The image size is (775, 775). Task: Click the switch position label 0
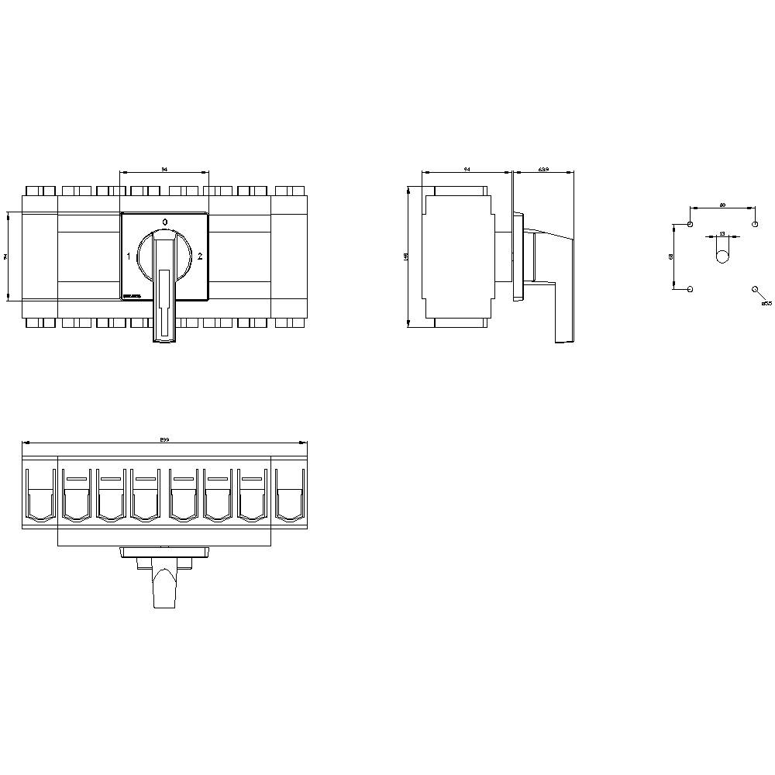pyautogui.click(x=164, y=222)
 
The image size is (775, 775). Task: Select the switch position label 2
pyautogui.click(x=200, y=256)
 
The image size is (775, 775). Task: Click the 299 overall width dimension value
pyautogui.click(x=164, y=439)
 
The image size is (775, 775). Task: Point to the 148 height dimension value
pyautogui.click(x=405, y=256)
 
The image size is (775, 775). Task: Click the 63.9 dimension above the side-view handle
pyautogui.click(x=543, y=168)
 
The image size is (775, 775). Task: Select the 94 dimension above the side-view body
pyautogui.click(x=466, y=168)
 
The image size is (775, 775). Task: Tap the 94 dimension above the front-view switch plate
pyautogui.click(x=164, y=168)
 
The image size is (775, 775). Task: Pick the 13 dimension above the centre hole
pyautogui.click(x=722, y=232)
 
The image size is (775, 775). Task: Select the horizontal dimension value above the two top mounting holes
pyautogui.click(x=722, y=205)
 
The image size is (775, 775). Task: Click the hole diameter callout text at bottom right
pyautogui.click(x=766, y=304)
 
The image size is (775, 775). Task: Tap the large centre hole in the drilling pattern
pyautogui.click(x=722, y=256)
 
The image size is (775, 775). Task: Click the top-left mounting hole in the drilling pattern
pyautogui.click(x=690, y=225)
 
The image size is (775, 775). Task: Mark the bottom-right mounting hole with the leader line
pyautogui.click(x=755, y=289)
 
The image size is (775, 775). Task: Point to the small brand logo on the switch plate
pyautogui.click(x=131, y=294)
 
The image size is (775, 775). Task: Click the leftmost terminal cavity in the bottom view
pyautogui.click(x=40, y=496)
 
